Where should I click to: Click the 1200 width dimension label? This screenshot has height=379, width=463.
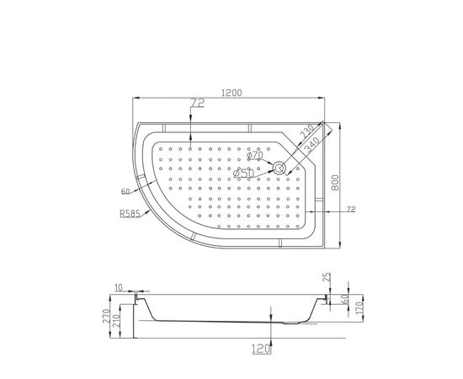231,93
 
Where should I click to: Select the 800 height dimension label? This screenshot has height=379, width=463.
335,183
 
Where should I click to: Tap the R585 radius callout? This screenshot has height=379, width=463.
130,213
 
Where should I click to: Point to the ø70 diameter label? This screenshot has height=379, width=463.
255,154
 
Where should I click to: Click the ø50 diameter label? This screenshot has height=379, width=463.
243,173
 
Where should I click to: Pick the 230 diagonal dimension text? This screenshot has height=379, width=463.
306,131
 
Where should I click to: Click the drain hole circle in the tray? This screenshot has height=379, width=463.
279,168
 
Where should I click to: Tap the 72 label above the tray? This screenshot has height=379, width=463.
198,103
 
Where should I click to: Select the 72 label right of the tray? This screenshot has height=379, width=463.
351,210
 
